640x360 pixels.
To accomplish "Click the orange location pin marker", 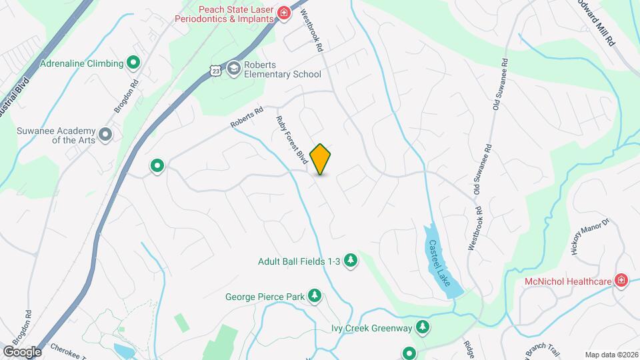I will [321, 159].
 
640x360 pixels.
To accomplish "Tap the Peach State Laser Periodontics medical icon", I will [284, 13].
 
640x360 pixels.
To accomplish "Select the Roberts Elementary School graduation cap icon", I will [233, 68].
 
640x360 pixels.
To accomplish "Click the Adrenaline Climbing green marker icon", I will [133, 63].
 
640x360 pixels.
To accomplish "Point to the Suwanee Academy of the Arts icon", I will [105, 135].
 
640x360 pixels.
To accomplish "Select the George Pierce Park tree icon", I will [314, 296].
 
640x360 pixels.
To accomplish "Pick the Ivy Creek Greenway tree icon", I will [422, 327].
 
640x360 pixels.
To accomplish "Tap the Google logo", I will [22, 351].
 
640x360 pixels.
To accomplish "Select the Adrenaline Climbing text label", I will [82, 64].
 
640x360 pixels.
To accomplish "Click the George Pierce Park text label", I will [265, 297].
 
